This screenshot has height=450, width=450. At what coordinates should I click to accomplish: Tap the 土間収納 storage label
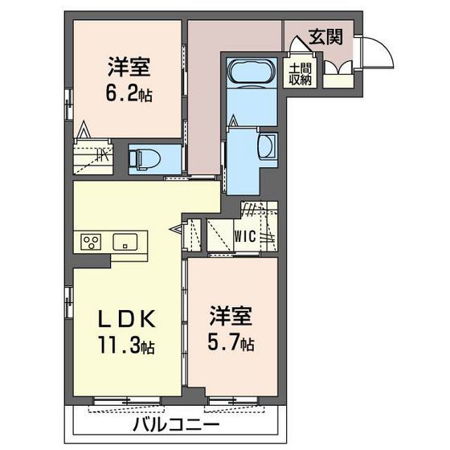301,73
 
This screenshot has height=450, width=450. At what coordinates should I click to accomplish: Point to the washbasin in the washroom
266,146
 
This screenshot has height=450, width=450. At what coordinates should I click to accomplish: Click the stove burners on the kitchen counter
89,241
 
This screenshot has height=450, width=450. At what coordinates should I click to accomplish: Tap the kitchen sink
125,241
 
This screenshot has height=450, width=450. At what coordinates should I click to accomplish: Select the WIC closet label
245,236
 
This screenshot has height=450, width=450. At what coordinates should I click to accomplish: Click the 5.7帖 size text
232,343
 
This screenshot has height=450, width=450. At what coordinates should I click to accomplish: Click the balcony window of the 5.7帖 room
231,400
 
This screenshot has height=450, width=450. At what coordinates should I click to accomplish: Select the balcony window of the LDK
121,400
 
